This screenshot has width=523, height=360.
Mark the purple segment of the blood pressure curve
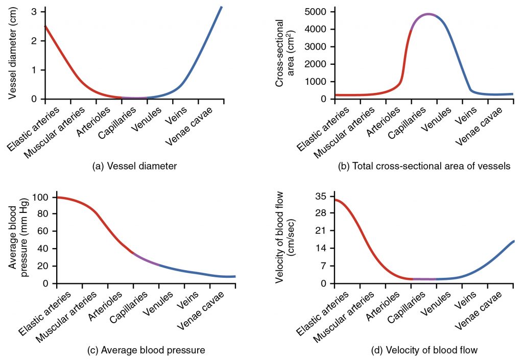tap(146, 260)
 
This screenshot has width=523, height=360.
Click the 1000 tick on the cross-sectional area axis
tap(316, 82)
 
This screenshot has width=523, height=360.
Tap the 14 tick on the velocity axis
tap(322, 248)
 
